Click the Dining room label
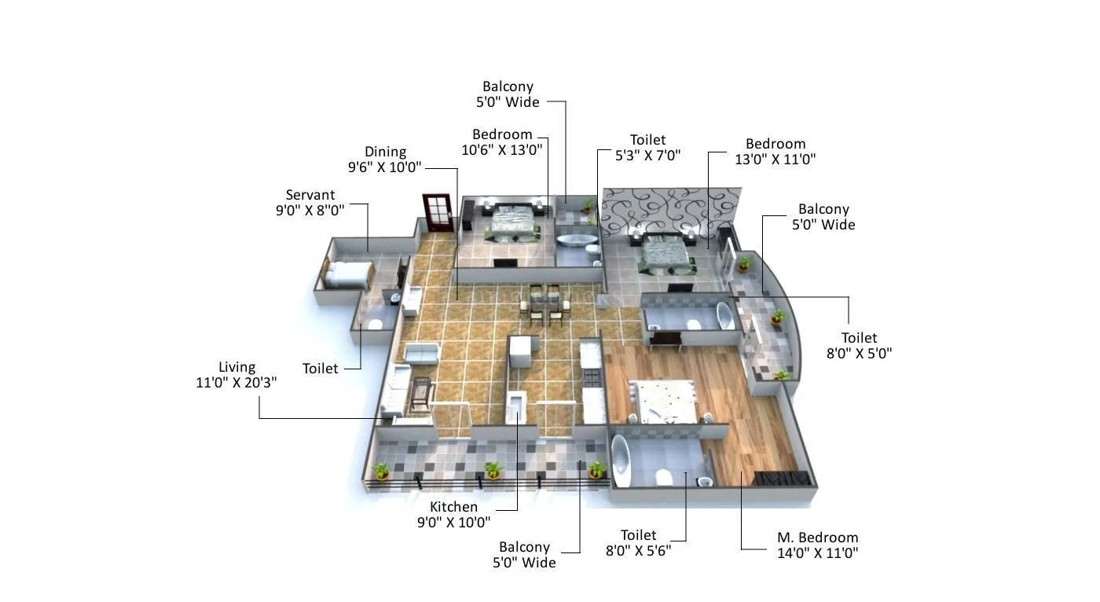tap(385, 152)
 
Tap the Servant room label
tap(310, 195)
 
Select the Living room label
tap(236, 367)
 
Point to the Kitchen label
tap(454, 507)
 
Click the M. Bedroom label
tap(817, 538)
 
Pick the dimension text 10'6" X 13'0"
tap(503, 149)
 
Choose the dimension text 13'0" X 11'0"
tap(775, 159)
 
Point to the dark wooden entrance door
tap(438, 212)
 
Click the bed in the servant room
tap(347, 273)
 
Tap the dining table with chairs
tap(542, 303)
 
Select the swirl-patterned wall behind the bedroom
tap(669, 210)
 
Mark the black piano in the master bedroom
tap(781, 478)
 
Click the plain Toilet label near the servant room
tap(320, 368)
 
